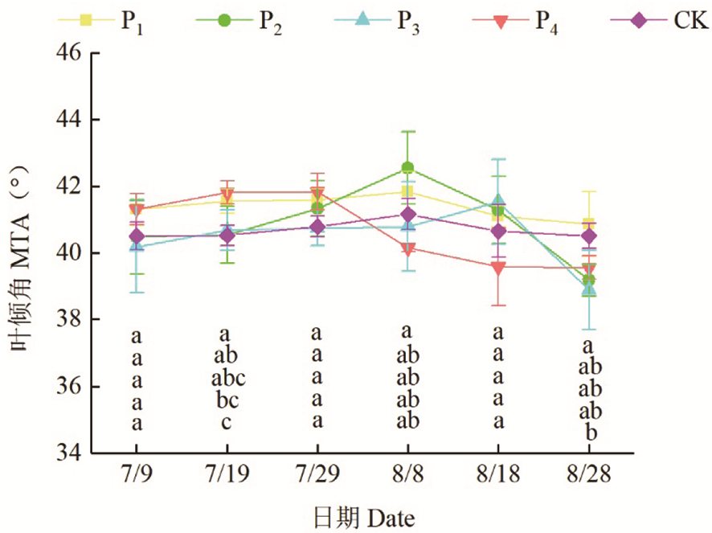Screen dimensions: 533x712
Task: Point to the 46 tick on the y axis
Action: coord(68,53)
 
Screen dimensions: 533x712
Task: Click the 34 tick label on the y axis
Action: coord(68,453)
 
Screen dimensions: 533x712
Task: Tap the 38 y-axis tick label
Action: coord(68,320)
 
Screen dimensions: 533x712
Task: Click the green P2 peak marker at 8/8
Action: coord(407,168)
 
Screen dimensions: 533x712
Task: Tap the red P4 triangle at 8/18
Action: coord(498,268)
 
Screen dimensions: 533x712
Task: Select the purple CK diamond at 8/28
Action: coord(588,236)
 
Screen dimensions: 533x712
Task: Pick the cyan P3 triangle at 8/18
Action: coord(498,201)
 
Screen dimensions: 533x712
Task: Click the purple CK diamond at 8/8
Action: coord(407,215)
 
